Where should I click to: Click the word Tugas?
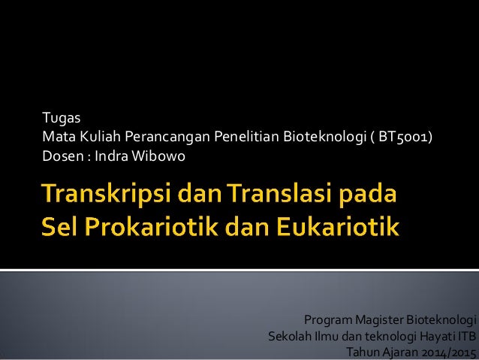57,118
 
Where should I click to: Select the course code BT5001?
403,138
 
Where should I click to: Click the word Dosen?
58,157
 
